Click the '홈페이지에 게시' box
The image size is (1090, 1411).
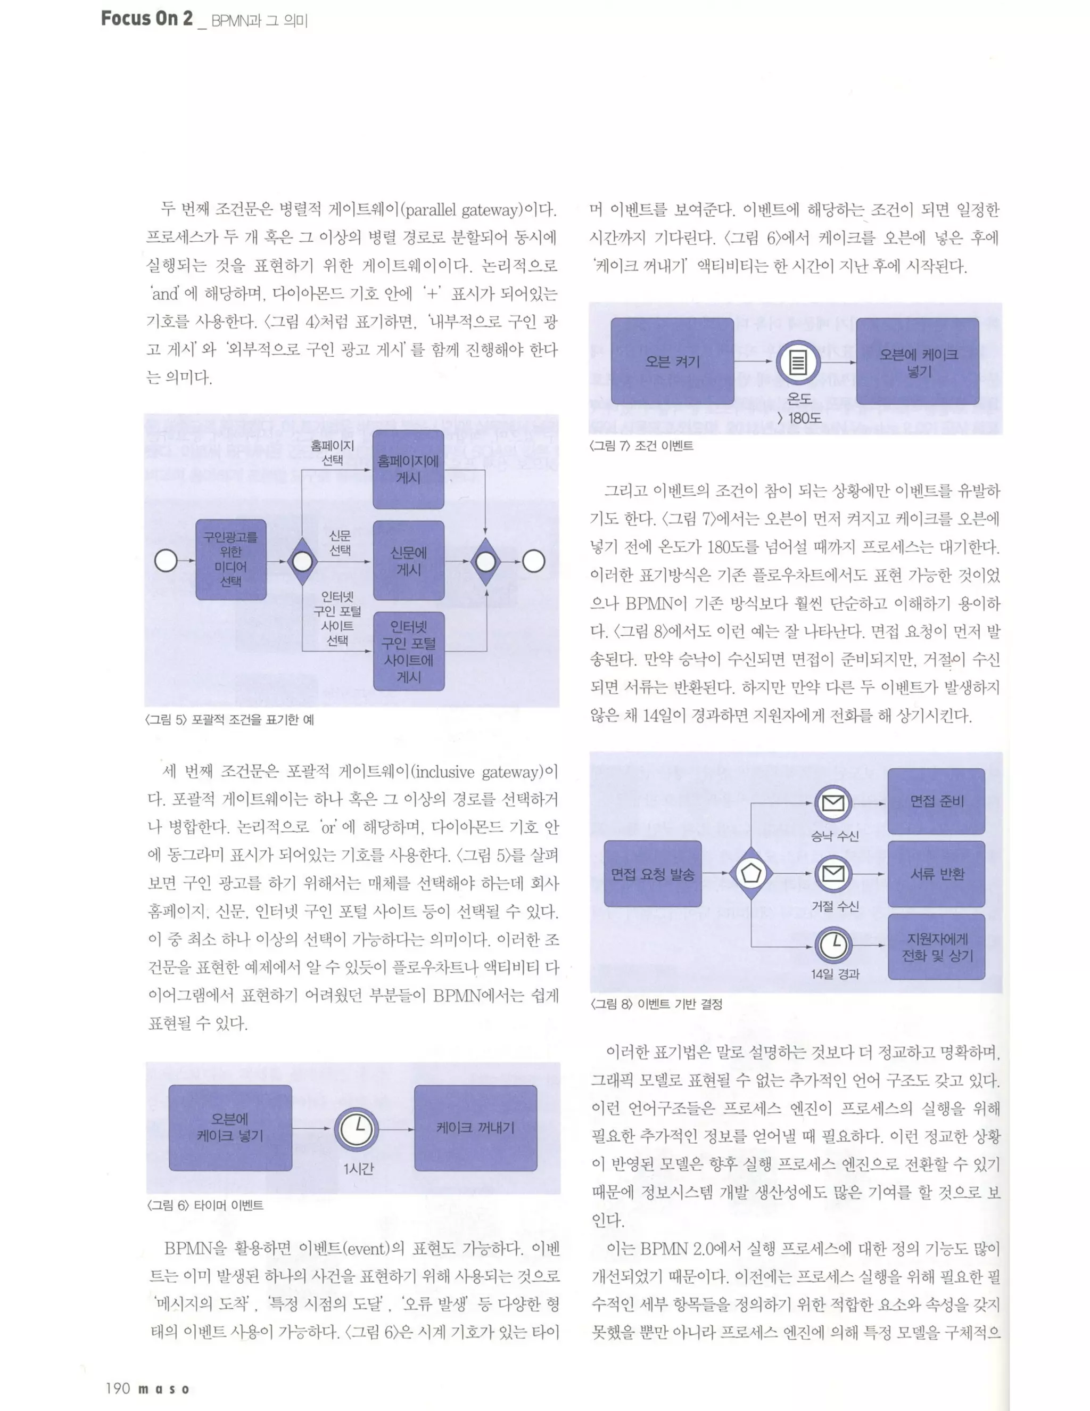408,470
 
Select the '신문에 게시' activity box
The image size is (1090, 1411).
408,560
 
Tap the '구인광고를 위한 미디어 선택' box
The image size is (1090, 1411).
230,560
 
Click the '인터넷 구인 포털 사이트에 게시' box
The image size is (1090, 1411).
408,651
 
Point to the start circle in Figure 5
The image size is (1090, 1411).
166,561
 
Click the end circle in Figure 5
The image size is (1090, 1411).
533,561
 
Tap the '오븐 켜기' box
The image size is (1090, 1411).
672,361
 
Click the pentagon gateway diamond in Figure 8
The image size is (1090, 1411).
750,873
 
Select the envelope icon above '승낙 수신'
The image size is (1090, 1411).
833,803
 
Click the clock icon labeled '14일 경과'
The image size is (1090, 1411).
833,945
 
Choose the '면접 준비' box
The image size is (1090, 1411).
936,801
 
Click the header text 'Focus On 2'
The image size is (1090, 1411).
146,19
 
